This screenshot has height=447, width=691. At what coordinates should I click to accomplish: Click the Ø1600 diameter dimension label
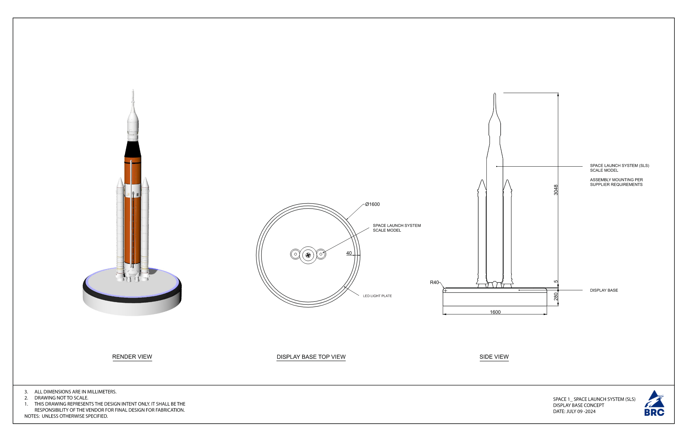(372, 204)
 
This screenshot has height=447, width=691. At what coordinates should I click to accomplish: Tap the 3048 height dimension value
(556, 190)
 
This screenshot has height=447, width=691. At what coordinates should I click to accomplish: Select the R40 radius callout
(434, 282)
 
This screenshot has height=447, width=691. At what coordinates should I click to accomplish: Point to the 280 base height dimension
(556, 297)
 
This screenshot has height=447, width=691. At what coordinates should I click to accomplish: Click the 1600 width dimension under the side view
(495, 312)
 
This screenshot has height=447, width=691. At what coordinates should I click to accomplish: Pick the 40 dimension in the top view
(349, 253)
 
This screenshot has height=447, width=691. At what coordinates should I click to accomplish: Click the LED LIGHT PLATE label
(377, 296)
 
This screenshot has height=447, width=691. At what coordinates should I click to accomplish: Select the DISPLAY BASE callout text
(604, 290)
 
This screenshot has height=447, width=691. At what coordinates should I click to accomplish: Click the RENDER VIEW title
(132, 357)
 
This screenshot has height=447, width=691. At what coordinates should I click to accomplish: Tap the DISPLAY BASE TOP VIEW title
(311, 357)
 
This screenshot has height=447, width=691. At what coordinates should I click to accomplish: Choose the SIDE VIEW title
(494, 357)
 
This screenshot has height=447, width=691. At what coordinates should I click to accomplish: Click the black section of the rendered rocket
(133, 149)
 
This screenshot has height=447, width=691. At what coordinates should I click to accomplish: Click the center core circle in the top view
(308, 255)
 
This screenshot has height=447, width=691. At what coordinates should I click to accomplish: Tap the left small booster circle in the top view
(295, 254)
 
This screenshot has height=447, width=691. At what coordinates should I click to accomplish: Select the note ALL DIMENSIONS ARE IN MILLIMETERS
(75, 391)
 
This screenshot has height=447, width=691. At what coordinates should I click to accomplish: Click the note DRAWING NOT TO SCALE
(61, 398)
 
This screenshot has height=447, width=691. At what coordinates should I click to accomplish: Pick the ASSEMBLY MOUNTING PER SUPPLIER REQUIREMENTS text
(616, 182)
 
